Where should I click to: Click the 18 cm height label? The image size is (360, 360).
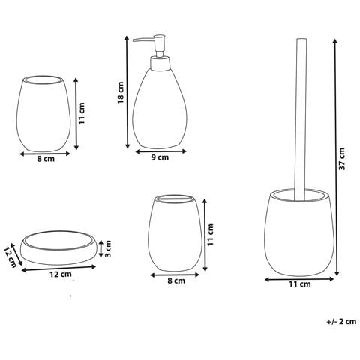pyautogui.click(x=121, y=92)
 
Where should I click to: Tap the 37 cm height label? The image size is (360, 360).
pyautogui.click(x=342, y=159)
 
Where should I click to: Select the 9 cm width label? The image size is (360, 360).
pyautogui.click(x=160, y=157)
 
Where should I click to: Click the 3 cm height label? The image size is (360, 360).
pyautogui.click(x=107, y=249)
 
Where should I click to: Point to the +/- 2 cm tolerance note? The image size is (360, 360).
pyautogui.click(x=341, y=321)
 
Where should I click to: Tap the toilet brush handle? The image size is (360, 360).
pyautogui.click(x=301, y=119)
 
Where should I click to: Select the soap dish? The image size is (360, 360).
pyautogui.click(x=59, y=247)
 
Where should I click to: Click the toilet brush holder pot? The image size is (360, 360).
pyautogui.click(x=299, y=232)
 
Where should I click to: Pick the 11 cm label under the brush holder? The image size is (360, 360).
pyautogui.click(x=300, y=284)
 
